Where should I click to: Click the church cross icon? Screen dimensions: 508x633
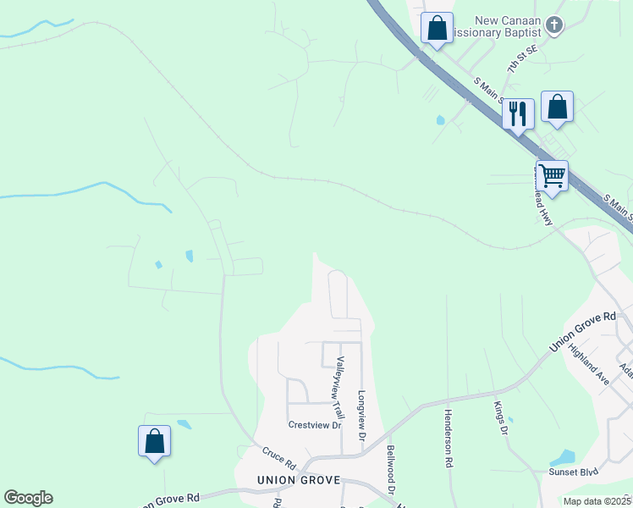(x=554, y=25)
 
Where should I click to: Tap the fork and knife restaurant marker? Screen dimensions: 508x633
(x=518, y=113)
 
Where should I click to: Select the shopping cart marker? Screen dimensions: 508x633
(x=552, y=176)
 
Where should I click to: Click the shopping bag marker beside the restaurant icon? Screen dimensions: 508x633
(x=557, y=107)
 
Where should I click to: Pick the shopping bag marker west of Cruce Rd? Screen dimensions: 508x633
(x=154, y=441)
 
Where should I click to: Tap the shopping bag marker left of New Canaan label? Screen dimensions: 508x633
(x=437, y=28)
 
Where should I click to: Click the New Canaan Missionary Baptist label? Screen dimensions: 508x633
(x=497, y=26)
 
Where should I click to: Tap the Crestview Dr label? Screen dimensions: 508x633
(x=314, y=425)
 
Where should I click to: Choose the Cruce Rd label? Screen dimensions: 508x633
(x=278, y=458)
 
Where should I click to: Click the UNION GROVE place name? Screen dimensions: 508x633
(x=299, y=480)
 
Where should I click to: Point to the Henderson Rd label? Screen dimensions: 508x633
(x=447, y=439)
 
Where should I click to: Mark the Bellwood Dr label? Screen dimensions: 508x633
(x=391, y=470)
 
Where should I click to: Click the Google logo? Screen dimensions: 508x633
(x=28, y=498)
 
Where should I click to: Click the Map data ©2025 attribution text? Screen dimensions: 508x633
(x=597, y=500)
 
